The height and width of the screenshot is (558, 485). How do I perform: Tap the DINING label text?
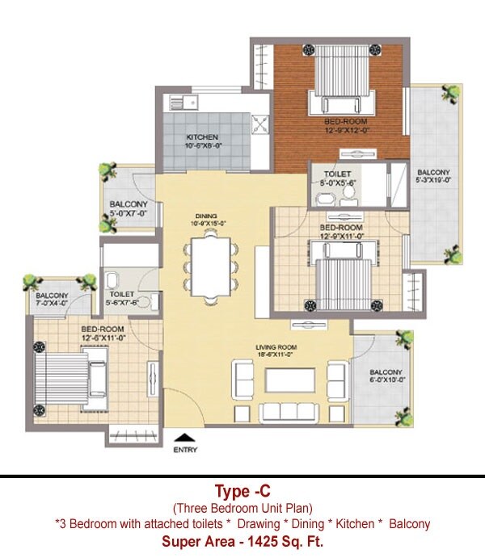coord(206,219)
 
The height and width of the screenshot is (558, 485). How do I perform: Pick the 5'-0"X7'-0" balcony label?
coord(128,208)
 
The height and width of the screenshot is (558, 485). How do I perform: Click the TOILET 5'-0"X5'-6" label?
coord(336,178)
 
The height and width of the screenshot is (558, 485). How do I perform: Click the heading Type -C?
coord(242,492)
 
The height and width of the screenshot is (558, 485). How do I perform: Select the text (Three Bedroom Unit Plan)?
coord(242,508)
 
